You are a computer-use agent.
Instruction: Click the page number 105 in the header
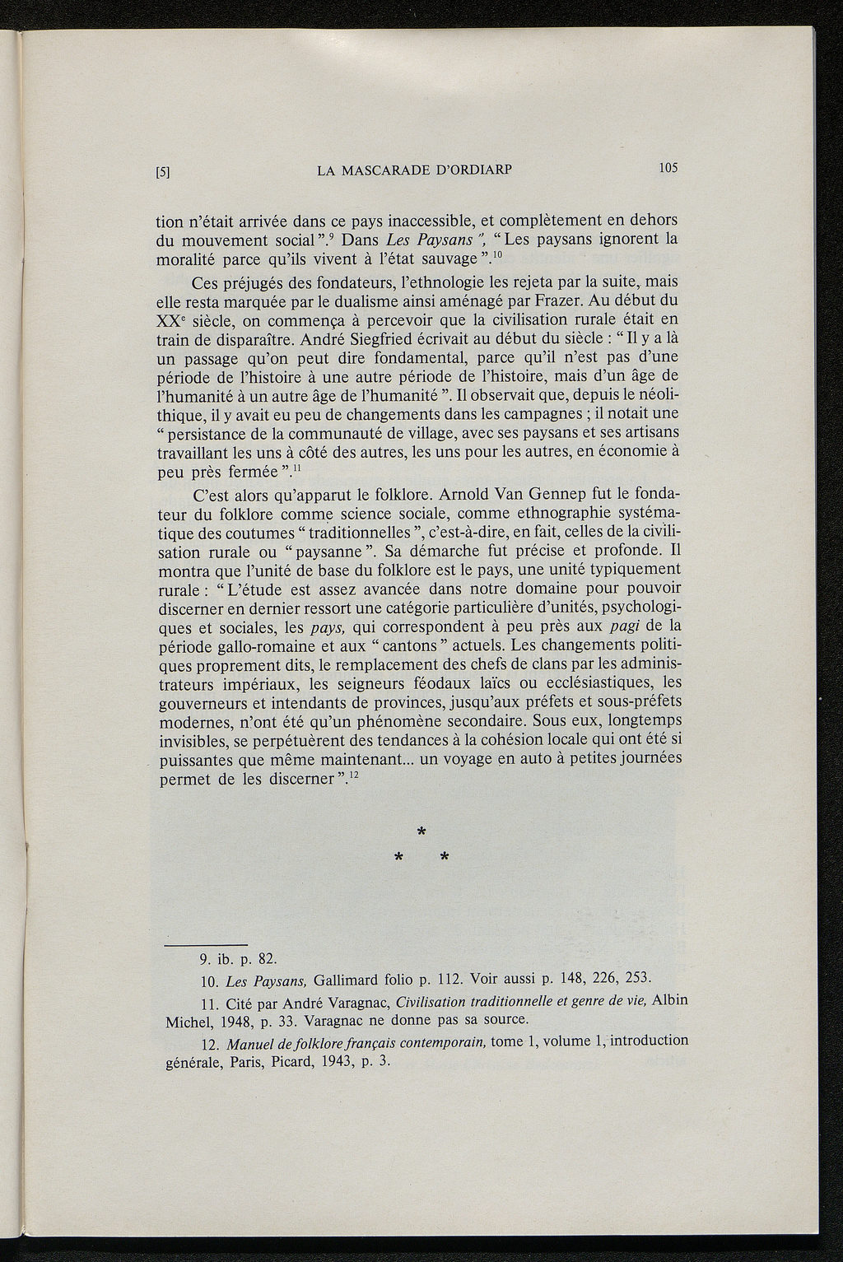[667, 168]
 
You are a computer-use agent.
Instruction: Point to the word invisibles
[191, 741]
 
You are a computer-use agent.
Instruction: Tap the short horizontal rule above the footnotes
[206, 944]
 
